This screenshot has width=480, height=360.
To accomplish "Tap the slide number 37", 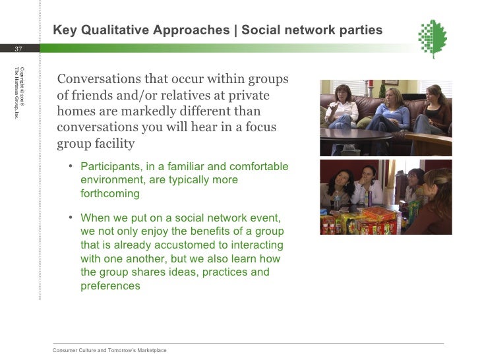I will coord(18,49).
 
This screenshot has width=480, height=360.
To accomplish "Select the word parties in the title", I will coord(362,30).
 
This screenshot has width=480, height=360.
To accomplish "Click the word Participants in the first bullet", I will coord(109,165).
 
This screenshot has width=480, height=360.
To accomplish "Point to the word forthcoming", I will coord(110,194).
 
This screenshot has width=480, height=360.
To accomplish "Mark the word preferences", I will coord(110,286).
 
